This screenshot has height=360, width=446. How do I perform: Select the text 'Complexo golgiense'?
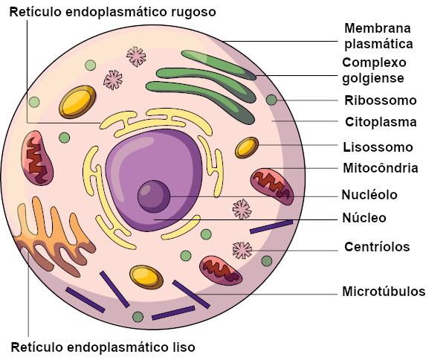pos(375,70)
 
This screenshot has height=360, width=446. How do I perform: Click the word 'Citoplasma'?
pos(381,122)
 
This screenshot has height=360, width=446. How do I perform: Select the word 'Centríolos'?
pos(378,247)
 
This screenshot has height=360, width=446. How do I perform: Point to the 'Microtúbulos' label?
pos(384,291)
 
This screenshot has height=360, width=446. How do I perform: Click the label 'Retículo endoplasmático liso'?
pos(103,347)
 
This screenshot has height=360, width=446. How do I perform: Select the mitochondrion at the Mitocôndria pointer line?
pos(272,185)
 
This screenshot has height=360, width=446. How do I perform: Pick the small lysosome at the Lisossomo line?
pos(247,147)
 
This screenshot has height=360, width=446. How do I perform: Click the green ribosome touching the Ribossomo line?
pos(271,100)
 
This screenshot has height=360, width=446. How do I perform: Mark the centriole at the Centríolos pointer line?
pos(242,250)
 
